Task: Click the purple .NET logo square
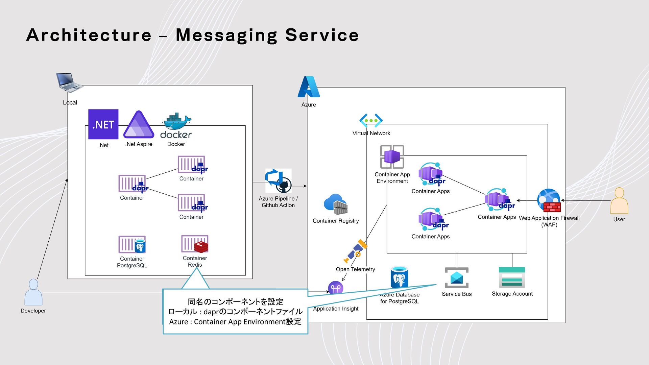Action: tap(103, 124)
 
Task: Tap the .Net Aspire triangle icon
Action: tap(139, 124)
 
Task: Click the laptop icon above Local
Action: tap(69, 82)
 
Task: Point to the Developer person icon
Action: tap(33, 292)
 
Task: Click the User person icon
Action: tap(619, 201)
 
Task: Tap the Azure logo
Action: tap(309, 87)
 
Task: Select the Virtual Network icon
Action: tap(371, 120)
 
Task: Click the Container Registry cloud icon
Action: tap(336, 204)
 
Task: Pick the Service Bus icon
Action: tap(457, 278)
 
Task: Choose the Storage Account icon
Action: tap(512, 277)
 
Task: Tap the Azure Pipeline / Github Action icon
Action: tap(278, 181)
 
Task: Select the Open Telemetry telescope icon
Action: tap(355, 251)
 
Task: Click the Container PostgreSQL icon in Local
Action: tap(132, 244)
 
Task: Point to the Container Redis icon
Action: tap(195, 244)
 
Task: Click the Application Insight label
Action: tap(336, 309)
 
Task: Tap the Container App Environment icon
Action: tap(392, 156)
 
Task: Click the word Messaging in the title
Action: tap(226, 35)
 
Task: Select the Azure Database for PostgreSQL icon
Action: tap(399, 277)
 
